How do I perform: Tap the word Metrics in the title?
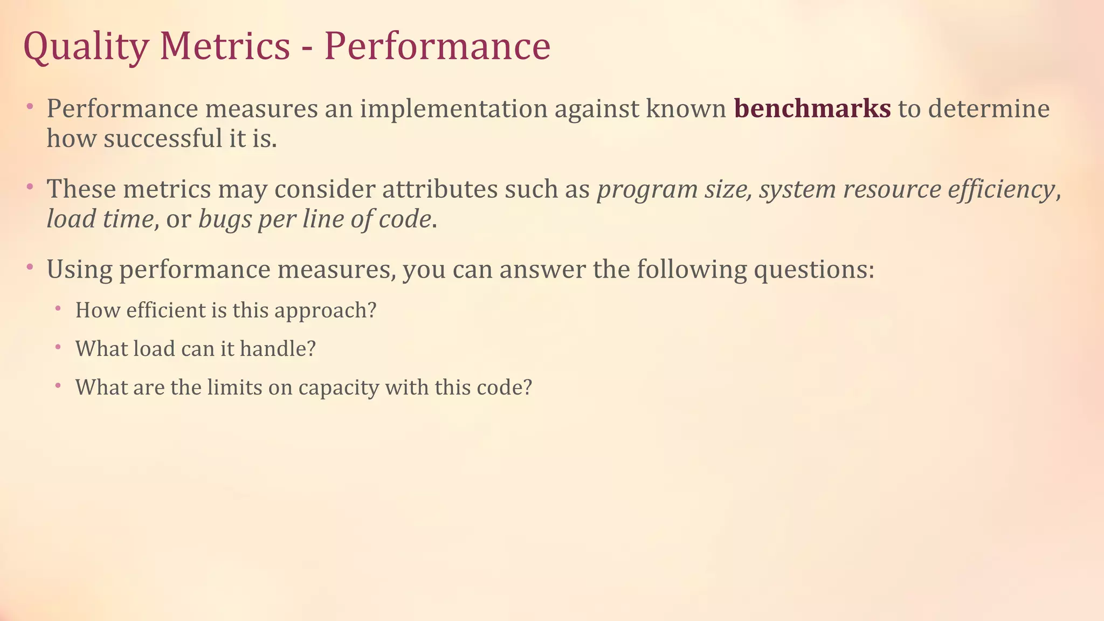point(225,46)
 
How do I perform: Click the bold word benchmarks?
point(812,108)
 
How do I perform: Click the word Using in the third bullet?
point(79,270)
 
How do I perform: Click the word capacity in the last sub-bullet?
point(339,388)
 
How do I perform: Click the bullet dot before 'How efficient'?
point(57,309)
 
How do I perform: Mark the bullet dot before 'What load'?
point(57,347)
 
